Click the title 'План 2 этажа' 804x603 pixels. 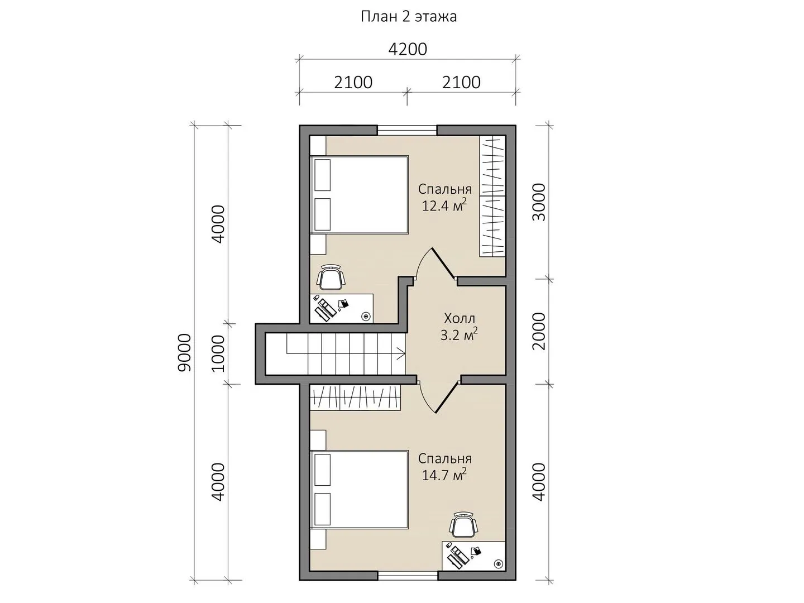tap(409, 17)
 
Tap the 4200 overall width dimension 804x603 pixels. tap(408, 50)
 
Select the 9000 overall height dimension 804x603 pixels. tap(185, 353)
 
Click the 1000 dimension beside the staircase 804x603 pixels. tap(218, 353)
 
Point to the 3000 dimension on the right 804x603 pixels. tap(539, 203)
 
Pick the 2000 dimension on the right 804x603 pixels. tap(539, 331)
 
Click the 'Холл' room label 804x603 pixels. tap(460, 318)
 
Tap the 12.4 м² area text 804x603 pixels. tap(444, 205)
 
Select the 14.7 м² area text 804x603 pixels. tap(444, 475)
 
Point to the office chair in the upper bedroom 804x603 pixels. tap(331, 277)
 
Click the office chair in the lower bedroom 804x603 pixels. tap(464, 525)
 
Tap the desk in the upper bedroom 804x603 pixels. tap(342, 308)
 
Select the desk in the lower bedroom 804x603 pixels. tap(474, 556)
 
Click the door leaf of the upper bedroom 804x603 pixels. tap(444, 264)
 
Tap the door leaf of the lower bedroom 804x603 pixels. tap(447, 397)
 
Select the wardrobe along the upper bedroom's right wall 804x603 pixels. tap(493, 196)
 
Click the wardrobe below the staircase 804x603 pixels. tap(355, 397)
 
